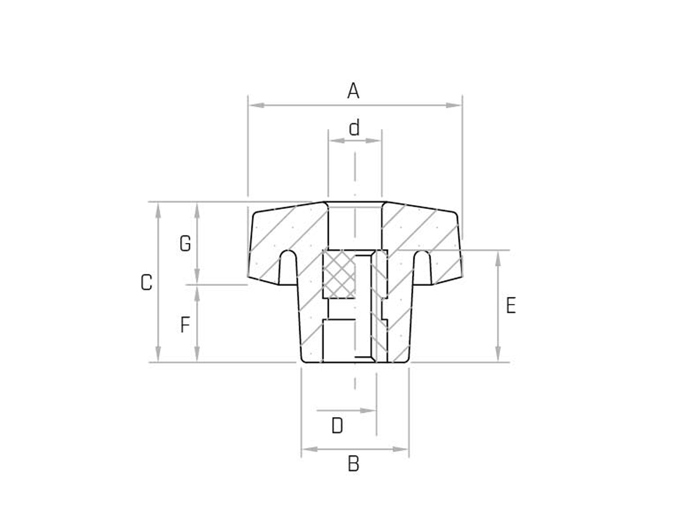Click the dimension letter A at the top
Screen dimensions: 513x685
pyautogui.click(x=353, y=91)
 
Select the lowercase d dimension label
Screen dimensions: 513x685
pyautogui.click(x=354, y=128)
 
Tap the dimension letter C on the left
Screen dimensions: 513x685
pyautogui.click(x=146, y=283)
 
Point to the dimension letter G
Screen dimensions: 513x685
pyautogui.click(x=185, y=244)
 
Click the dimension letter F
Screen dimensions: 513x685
pyautogui.click(x=185, y=325)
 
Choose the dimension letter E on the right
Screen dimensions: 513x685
pyautogui.click(x=511, y=305)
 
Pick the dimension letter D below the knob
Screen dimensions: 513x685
pyautogui.click(x=337, y=426)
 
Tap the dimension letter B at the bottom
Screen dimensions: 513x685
pyautogui.click(x=353, y=464)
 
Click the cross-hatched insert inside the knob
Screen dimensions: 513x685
pyautogui.click(x=339, y=274)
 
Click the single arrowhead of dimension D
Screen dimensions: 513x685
pyautogui.click(x=369, y=411)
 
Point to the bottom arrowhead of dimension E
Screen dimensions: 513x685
pyautogui.click(x=498, y=354)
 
